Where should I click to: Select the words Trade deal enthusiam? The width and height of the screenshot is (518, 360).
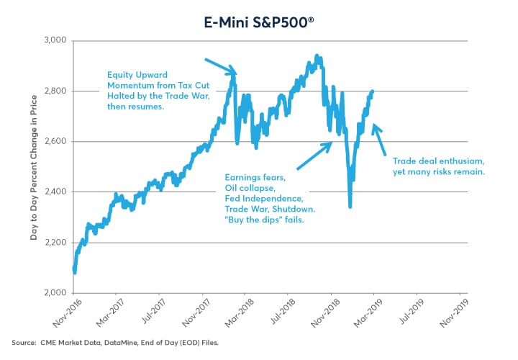pyautogui.click(x=428, y=162)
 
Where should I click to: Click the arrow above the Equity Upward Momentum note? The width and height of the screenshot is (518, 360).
pyautogui.click(x=220, y=66)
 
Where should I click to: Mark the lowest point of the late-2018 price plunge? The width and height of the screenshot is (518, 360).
pyautogui.click(x=350, y=207)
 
